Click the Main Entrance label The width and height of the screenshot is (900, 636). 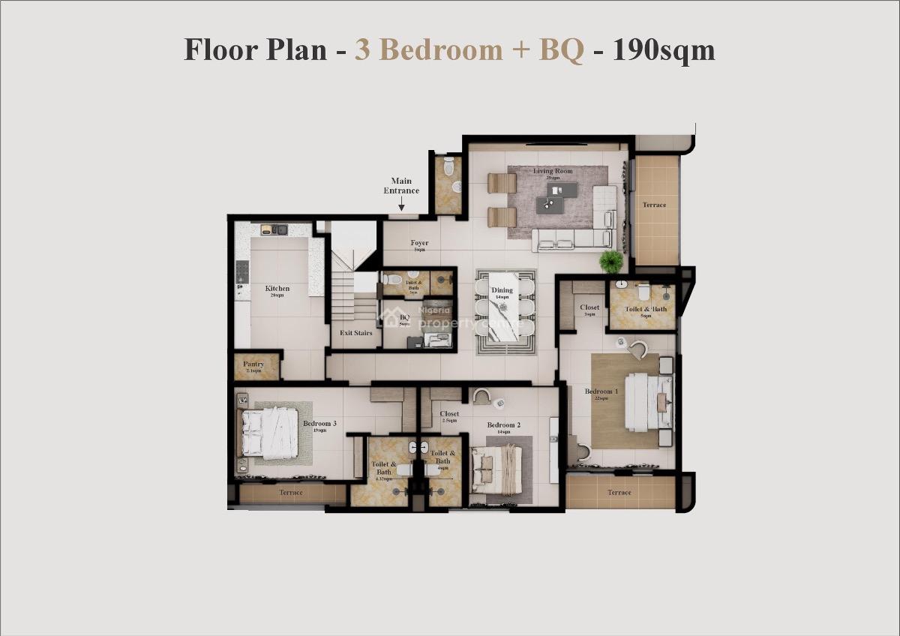(401, 185)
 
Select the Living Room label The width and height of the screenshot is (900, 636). (553, 172)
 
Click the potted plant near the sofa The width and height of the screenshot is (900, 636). (611, 262)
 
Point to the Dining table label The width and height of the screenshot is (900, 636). (502, 290)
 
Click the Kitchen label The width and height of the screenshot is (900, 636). (277, 289)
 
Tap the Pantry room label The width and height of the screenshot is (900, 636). (253, 364)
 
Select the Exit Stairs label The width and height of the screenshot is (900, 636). (355, 333)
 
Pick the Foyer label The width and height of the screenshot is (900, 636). (419, 243)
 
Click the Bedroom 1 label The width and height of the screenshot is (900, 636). (601, 391)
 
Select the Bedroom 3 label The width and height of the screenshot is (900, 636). (319, 424)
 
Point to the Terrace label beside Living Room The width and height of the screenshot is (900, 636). (654, 205)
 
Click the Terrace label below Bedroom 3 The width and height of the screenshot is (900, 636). (291, 493)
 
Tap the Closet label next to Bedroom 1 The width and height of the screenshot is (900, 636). (589, 307)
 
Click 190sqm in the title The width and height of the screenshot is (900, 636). (664, 50)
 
